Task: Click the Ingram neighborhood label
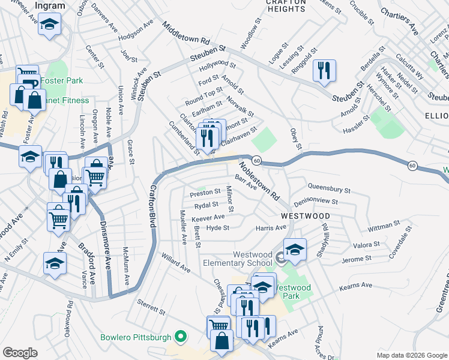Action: coord(50,5)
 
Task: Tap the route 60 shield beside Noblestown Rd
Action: coord(256,160)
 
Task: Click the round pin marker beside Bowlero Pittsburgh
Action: coord(178,337)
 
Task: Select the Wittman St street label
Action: coord(384,226)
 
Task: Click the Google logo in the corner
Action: coord(20,353)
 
